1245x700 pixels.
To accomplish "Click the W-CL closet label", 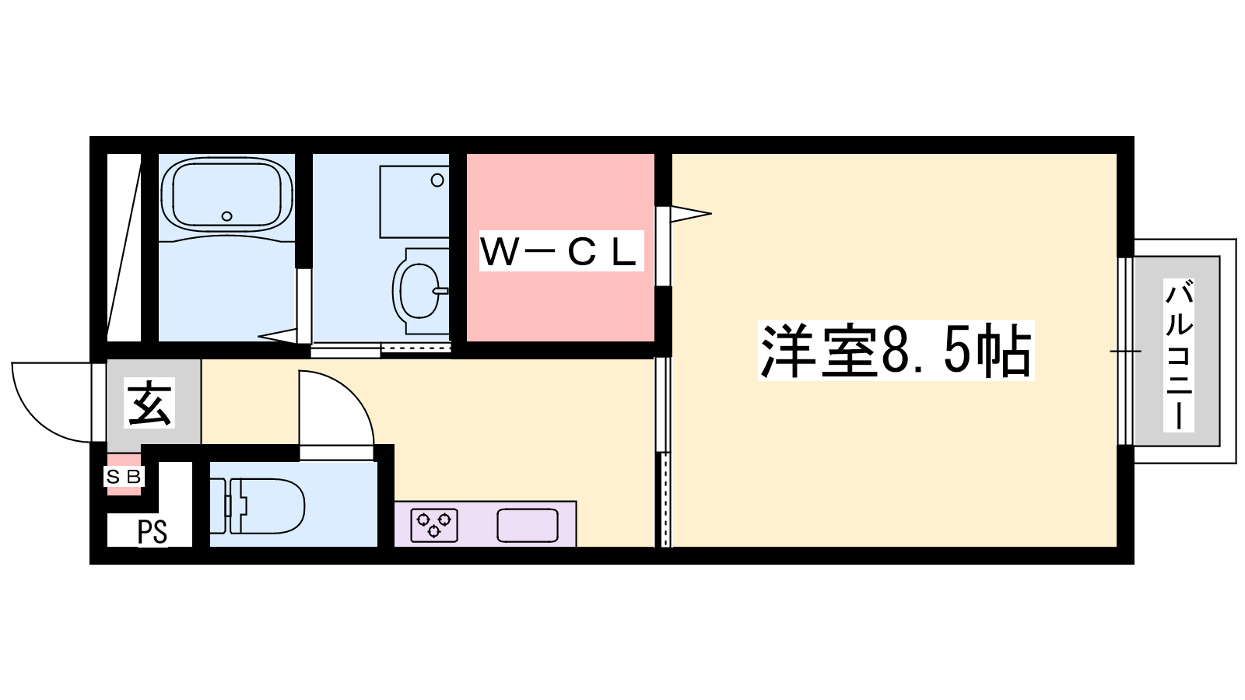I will tap(560, 251).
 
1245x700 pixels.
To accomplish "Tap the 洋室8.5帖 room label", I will tap(896, 351).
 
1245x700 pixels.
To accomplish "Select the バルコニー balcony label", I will tap(1178, 355).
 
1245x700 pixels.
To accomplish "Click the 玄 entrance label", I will tap(149, 403).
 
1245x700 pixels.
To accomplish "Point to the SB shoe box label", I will tap(124, 477).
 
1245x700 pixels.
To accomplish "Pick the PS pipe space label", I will tap(152, 533).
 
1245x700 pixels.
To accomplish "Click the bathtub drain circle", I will tap(226, 216).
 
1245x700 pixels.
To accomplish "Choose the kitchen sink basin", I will tap(528, 526).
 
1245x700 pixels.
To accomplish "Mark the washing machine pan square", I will tap(414, 201).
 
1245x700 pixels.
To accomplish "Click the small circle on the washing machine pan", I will tap(437, 180).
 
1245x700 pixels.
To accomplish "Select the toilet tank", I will tap(219, 506).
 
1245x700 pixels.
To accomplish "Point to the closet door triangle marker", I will tap(689, 212).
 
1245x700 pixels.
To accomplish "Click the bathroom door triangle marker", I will tap(278, 336).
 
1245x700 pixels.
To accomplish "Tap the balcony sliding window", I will tap(1125, 351).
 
